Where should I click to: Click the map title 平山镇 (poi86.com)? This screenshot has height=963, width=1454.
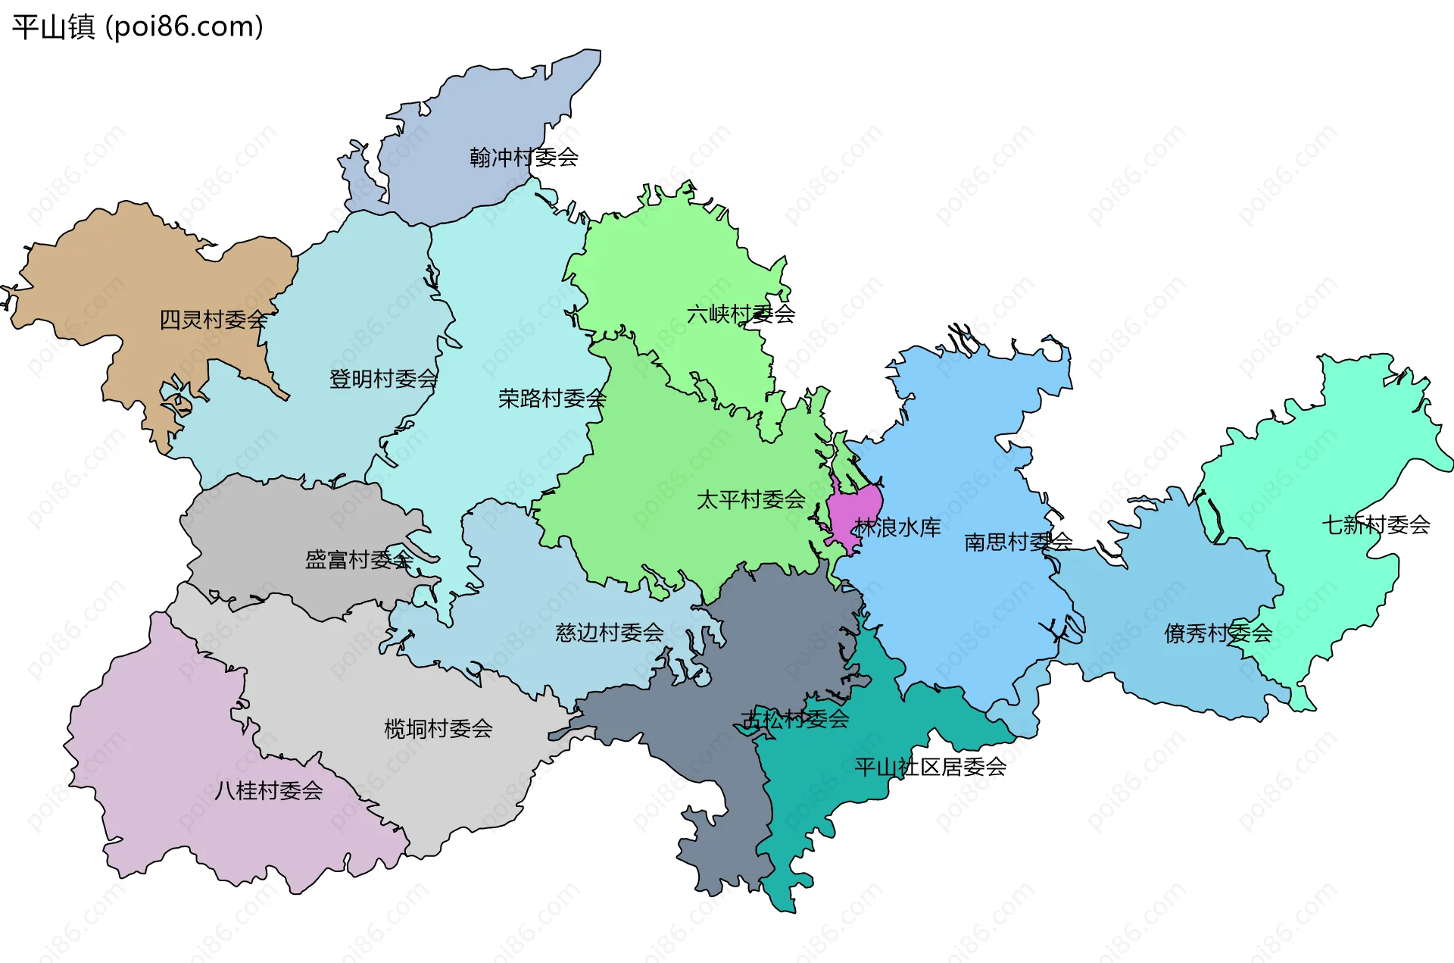(137, 27)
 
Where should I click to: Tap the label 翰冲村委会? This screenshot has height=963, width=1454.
(523, 158)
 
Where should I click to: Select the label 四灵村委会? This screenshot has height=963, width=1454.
(213, 320)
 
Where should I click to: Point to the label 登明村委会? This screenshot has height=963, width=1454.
(383, 379)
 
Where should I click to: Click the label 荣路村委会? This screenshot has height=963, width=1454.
(552, 399)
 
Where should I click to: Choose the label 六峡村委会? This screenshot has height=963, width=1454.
(741, 314)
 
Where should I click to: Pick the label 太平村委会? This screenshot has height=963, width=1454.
(750, 500)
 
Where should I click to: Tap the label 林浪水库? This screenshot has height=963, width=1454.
(897, 527)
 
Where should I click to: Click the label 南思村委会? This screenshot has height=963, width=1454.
(1018, 542)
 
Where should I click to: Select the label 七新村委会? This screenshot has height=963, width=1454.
(1375, 525)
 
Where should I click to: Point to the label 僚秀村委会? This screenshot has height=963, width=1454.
(1218, 633)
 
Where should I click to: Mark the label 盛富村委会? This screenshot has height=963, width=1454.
(359, 560)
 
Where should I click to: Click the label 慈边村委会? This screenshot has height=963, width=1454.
(609, 633)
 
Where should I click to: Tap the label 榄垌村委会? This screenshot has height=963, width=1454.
(438, 729)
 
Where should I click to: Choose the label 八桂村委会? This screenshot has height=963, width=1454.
(268, 791)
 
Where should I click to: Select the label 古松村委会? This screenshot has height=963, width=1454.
(794, 719)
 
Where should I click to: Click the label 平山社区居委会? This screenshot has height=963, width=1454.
(930, 768)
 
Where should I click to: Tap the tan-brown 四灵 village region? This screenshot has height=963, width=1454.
(114, 288)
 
